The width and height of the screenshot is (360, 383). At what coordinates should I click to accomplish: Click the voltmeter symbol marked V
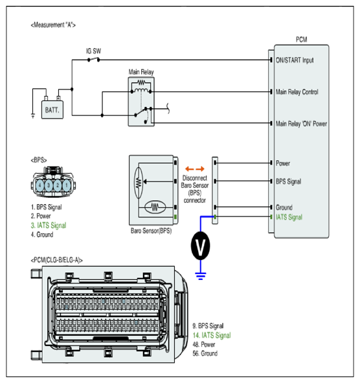[x=200, y=246]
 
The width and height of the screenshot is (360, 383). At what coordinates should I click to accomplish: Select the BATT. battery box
[x=52, y=110]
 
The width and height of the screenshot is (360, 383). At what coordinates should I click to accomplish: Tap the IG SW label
[x=93, y=51]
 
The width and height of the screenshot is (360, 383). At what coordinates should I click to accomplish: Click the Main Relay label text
[x=141, y=72]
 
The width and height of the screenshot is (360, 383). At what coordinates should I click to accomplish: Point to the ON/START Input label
[x=295, y=60]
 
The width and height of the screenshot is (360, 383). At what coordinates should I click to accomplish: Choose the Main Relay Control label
[x=297, y=92]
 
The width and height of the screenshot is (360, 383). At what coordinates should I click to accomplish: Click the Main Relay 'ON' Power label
[x=301, y=124]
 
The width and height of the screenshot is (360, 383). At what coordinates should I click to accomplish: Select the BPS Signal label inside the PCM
[x=288, y=181]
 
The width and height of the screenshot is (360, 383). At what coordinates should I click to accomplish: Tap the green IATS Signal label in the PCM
[x=289, y=217]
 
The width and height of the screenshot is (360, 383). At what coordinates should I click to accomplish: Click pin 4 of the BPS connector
[x=40, y=185]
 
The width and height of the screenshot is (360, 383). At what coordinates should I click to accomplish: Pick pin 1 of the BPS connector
[x=67, y=185]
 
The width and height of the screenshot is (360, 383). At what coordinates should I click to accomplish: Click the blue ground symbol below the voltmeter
[x=201, y=276]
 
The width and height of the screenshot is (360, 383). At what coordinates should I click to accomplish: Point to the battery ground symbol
[x=33, y=115]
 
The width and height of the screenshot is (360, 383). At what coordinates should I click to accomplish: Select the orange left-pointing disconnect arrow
[x=190, y=168]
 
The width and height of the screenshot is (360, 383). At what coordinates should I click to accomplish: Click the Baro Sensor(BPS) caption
[x=151, y=231]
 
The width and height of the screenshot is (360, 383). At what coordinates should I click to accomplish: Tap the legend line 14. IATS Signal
[x=212, y=336]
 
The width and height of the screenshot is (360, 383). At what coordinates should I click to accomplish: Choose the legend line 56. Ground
[x=205, y=353]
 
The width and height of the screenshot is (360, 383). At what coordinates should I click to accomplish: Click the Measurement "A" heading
[x=53, y=25]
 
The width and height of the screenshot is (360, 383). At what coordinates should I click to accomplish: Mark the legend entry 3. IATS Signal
[x=49, y=226]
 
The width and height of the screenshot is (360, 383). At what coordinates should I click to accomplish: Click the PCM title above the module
[x=302, y=40]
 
